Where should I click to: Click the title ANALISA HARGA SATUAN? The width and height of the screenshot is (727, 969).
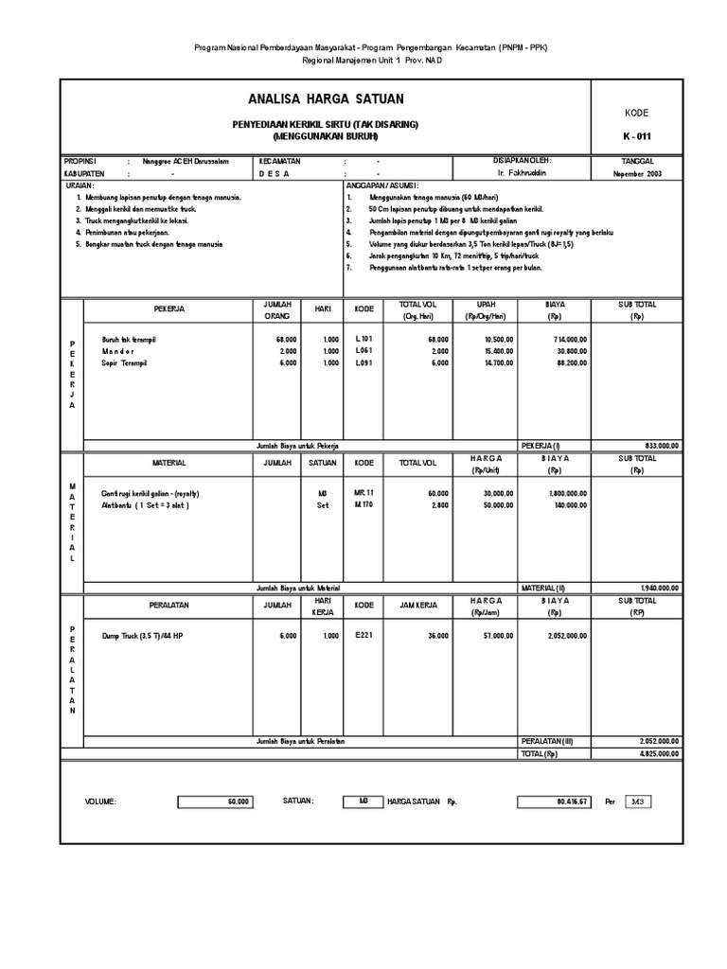coord(326,99)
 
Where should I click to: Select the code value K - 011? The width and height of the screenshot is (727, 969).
coord(637,136)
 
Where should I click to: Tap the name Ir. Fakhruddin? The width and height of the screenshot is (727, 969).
coord(522,174)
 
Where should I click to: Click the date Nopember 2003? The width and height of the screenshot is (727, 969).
coord(637,174)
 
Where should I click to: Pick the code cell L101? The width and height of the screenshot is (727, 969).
coord(364,338)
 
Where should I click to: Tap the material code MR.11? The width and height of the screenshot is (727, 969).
coord(364,493)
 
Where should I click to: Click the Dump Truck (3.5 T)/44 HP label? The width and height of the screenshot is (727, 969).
coord(143,636)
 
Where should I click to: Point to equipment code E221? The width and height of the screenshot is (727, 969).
coord(364,636)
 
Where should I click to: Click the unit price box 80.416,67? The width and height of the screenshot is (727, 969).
coord(553,802)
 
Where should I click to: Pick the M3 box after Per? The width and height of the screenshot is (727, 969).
coord(638,802)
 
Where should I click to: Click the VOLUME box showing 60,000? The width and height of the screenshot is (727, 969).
coord(215,802)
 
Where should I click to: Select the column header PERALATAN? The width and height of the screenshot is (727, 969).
coord(168,605)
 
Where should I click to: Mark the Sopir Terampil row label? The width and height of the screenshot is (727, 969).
coord(125,362)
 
